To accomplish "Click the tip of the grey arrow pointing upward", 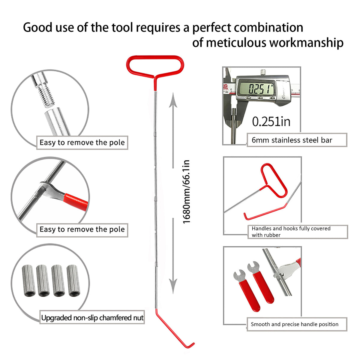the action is pos(173,93).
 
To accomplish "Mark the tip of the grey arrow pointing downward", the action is pos(173,294).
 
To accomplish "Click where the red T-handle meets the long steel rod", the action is pos(155,91).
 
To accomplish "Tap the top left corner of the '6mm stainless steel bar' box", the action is pos(247,133).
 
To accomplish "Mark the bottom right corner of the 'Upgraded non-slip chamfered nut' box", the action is pos(144,324).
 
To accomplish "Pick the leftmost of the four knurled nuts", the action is pos(29,280).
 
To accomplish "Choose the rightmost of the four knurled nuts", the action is pos(73,280).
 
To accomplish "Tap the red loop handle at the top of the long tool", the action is pos(155,66).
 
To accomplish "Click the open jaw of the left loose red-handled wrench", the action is pos(239,275).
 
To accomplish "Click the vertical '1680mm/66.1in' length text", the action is pos(186,192).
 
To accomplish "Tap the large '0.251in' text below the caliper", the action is pos(271,121).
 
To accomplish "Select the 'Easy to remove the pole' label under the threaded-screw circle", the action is pos(82,142).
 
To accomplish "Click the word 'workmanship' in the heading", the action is pos(306,43).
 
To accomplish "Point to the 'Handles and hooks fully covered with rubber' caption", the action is pos(291,232).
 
